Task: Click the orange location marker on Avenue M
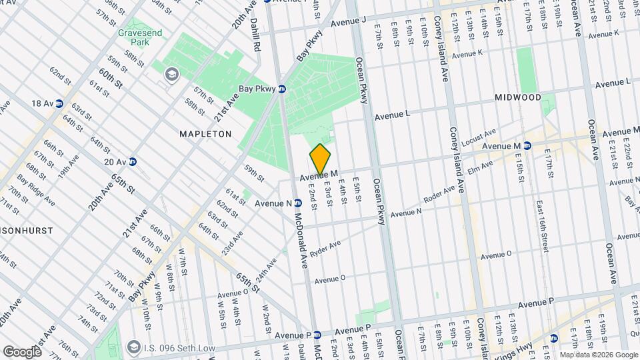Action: tap(320, 159)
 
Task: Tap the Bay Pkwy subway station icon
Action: tap(282, 89)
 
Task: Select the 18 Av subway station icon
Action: tap(59, 103)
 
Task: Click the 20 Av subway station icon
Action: tap(133, 161)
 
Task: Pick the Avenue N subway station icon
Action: tap(298, 203)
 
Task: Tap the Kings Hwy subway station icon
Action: tap(553, 338)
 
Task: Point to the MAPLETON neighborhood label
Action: tap(205, 134)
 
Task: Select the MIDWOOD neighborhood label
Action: tap(517, 97)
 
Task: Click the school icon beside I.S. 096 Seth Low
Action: tap(133, 347)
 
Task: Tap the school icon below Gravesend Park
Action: tap(172, 74)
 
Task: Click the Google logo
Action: tap(22, 351)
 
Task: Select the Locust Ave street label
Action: tap(480, 137)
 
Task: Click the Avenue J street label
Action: tap(349, 21)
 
